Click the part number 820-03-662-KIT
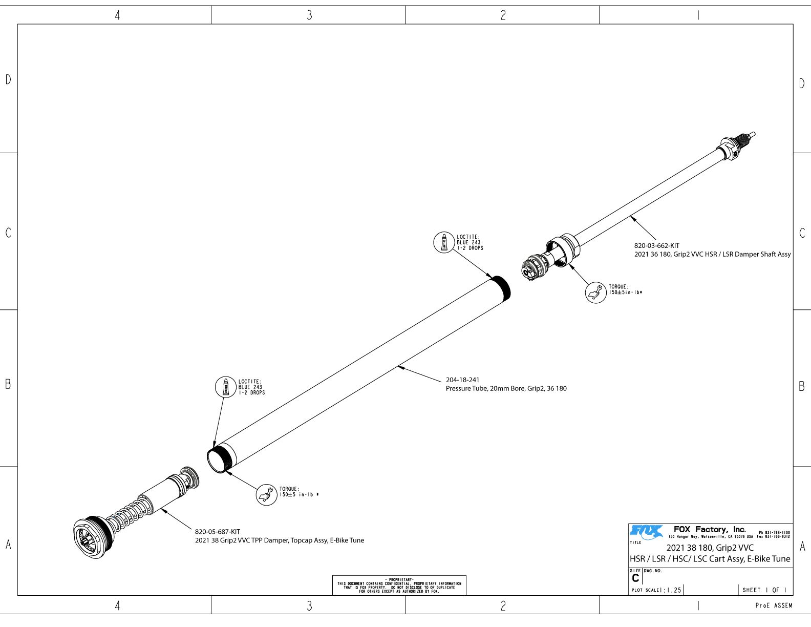pyautogui.click(x=656, y=246)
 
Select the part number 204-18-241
pyautogui.click(x=462, y=380)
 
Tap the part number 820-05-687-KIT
pyautogui.click(x=217, y=532)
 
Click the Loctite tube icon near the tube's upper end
pyautogui.click(x=444, y=242)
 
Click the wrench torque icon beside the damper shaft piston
pyautogui.click(x=595, y=292)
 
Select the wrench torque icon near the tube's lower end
pyautogui.click(x=266, y=495)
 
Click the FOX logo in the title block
pyautogui.click(x=646, y=532)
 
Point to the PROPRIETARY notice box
pyautogui.click(x=399, y=585)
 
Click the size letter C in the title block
pyautogui.click(x=635, y=578)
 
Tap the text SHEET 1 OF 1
pyautogui.click(x=764, y=590)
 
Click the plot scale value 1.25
pyautogui.click(x=673, y=590)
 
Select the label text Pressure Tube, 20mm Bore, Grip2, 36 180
pyautogui.click(x=506, y=389)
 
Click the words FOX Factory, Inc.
pyautogui.click(x=709, y=529)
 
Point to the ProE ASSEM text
pyautogui.click(x=774, y=605)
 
